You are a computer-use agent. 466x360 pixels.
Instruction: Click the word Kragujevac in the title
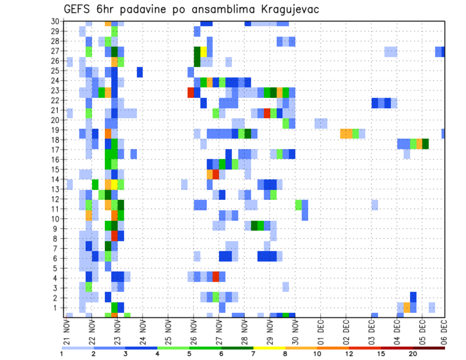(x=287, y=9)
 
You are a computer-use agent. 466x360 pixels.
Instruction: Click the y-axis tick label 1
(x=56, y=308)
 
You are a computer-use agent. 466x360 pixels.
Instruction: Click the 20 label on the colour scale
(x=413, y=354)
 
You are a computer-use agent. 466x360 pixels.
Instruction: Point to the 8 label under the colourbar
(x=284, y=354)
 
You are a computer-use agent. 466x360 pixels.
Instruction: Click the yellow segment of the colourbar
(x=269, y=347)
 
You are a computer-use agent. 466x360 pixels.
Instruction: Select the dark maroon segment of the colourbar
(x=429, y=347)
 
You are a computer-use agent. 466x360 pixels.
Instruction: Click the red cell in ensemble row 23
(x=191, y=90)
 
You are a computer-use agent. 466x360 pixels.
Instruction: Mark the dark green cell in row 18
(x=425, y=144)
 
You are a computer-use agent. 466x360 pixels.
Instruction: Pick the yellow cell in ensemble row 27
(x=203, y=51)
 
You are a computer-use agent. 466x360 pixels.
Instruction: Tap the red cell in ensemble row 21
(x=267, y=113)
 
